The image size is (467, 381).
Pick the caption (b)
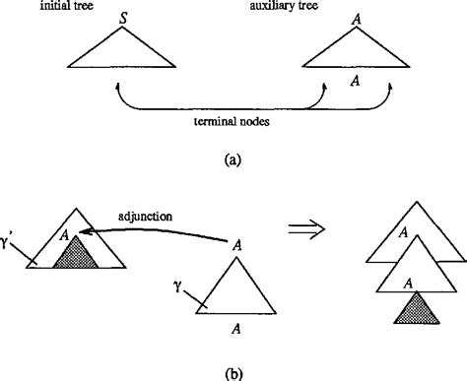pyautogui.click(x=233, y=372)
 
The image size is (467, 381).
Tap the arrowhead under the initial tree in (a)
pyautogui.click(x=117, y=88)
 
